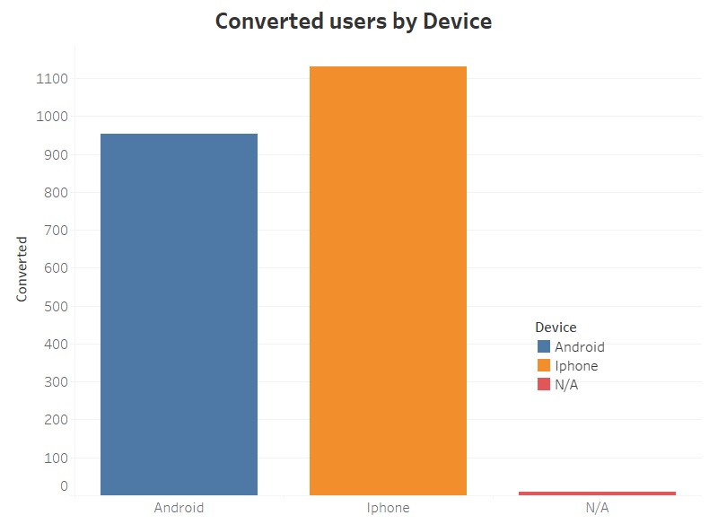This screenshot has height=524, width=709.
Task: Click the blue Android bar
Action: (179, 314)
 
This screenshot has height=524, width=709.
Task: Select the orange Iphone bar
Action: (388, 280)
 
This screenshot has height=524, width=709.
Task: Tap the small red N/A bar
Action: (597, 493)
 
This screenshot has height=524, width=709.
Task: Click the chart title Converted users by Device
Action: (354, 22)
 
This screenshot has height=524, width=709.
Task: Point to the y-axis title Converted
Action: (22, 269)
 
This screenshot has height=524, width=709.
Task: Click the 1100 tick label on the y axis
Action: (55, 79)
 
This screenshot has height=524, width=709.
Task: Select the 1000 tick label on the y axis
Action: (55, 117)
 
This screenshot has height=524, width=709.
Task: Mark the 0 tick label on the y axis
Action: (64, 486)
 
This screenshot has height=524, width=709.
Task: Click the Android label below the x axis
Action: (179, 508)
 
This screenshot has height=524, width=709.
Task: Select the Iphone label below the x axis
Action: (388, 508)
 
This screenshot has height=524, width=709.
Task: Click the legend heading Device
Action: (556, 327)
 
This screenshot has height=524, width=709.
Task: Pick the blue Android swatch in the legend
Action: (543, 346)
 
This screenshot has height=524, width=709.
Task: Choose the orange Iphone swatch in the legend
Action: (543, 365)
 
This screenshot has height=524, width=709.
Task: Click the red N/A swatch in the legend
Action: (543, 384)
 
